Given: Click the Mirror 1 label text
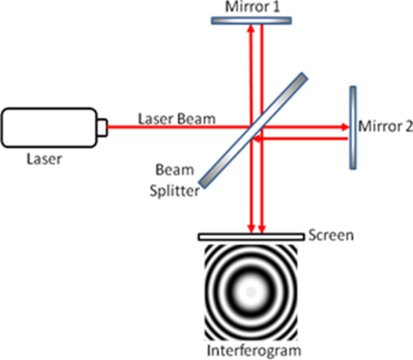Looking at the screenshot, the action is (252, 7).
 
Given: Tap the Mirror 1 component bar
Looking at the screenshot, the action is (251, 21).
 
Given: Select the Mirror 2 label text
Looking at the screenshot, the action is (386, 126).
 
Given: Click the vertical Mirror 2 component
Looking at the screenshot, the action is (353, 128).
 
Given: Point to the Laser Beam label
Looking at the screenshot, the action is (177, 119).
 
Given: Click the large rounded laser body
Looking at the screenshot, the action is (50, 127).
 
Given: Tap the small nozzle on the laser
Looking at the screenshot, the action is (102, 127).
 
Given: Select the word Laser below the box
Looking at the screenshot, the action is (44, 159).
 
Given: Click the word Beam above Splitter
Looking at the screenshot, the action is (174, 170).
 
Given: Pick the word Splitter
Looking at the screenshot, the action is (174, 191).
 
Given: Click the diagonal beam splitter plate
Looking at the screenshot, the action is (253, 130).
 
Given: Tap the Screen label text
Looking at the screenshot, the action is (331, 235).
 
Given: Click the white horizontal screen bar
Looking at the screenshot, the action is (251, 237).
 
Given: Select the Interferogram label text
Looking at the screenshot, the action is (254, 351).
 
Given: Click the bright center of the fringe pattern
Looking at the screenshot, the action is (250, 291).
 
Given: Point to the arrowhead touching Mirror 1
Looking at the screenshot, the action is (250, 29).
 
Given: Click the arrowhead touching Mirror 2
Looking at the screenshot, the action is (345, 127).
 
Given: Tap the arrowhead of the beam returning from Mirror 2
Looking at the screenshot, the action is (257, 139).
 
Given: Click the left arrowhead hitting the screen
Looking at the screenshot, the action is (251, 229).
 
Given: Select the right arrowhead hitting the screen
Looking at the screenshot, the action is (262, 229).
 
